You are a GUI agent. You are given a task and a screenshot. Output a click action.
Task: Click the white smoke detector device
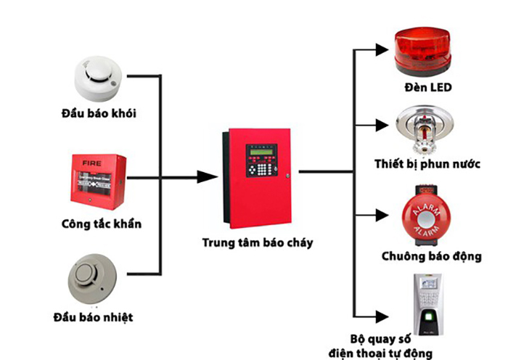point(99,80)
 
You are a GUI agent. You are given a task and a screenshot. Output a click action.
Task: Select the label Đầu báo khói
point(99,113)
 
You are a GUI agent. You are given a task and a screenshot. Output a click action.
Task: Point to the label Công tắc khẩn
point(101,223)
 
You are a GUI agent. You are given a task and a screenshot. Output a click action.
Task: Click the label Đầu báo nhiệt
point(93,317)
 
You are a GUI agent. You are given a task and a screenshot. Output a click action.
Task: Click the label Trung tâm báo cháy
point(257,242)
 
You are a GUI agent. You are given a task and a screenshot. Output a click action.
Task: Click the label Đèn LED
point(427,88)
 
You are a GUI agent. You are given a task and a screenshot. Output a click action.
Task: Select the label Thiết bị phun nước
point(427,163)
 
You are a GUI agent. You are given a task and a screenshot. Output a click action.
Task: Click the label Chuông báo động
point(431,256)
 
